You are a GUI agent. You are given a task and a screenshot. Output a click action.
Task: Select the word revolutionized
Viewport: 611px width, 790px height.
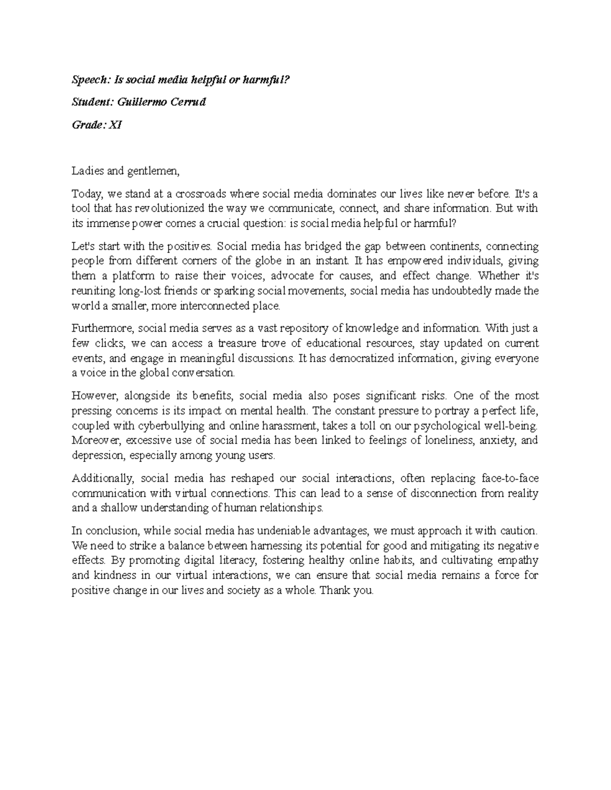(171, 208)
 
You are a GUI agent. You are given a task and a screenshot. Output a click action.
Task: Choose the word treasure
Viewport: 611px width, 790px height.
(246, 343)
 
